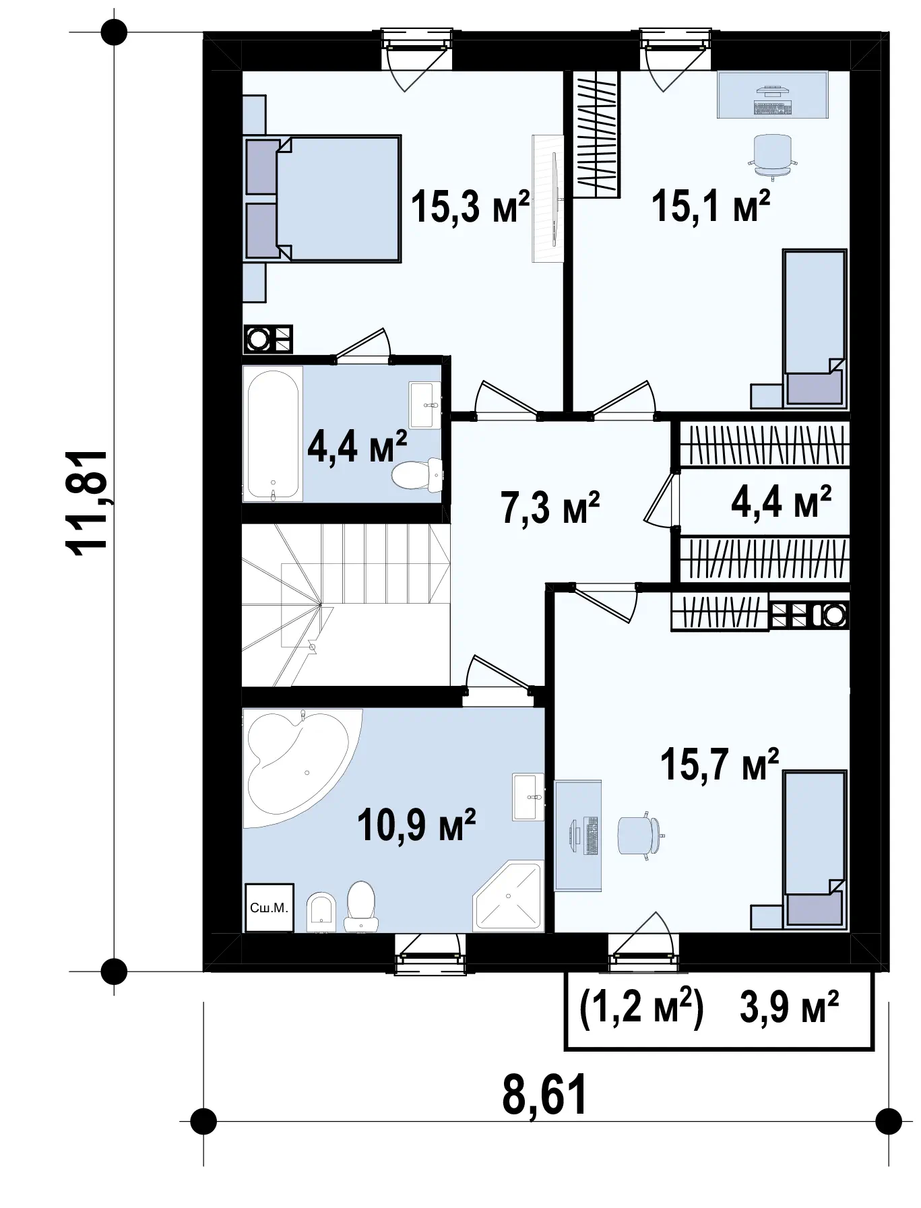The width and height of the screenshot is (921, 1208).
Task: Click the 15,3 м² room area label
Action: (470, 206)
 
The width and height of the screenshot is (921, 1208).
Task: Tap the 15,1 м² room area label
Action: (711, 206)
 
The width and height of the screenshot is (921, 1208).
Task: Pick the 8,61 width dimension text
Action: (544, 1095)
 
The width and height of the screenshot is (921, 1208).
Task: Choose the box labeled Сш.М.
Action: (269, 908)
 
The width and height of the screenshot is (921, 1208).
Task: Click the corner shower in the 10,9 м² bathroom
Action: (508, 896)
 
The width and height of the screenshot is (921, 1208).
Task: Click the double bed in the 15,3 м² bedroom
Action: (322, 197)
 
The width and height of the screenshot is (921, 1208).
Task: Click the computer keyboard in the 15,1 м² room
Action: (772, 106)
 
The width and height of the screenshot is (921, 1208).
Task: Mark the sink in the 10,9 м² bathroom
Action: (528, 797)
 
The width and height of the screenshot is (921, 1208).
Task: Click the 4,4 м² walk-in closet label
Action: (781, 502)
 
